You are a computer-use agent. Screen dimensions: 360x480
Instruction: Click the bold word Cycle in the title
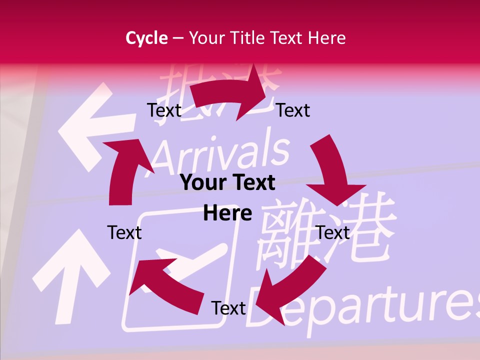click(x=146, y=38)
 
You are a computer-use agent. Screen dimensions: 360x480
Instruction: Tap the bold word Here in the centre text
click(x=227, y=213)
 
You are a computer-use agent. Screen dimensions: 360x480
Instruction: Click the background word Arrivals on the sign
click(x=220, y=150)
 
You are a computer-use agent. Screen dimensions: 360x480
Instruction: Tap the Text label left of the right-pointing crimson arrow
click(x=164, y=110)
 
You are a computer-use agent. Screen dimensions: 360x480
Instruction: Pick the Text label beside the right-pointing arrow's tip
click(x=293, y=110)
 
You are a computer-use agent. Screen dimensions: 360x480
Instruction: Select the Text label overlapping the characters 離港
click(x=333, y=232)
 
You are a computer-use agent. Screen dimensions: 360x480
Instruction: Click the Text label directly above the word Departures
click(x=228, y=308)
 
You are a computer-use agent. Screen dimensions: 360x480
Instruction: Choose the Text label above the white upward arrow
click(x=124, y=232)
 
